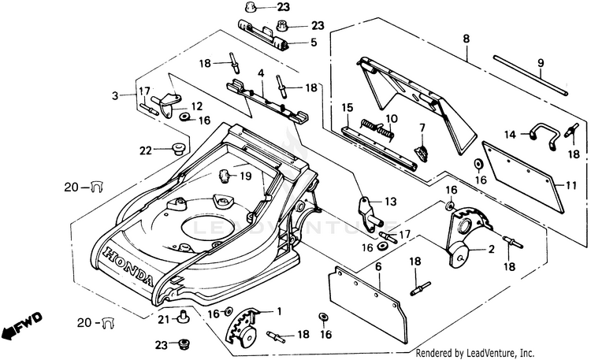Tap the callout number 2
[492, 250]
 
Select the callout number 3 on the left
[115, 95]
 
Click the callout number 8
[466, 38]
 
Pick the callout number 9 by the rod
[541, 64]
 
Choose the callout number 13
[392, 202]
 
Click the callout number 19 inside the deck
[246, 176]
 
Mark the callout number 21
[163, 319]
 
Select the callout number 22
[145, 150]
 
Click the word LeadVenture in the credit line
[489, 352]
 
